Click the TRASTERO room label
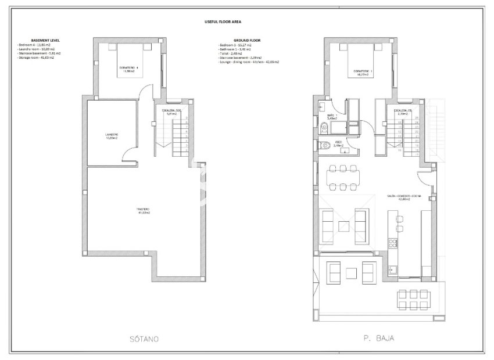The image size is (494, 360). click(x=144, y=210)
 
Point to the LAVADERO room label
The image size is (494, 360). click(x=111, y=136)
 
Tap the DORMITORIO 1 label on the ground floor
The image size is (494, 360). click(x=363, y=73)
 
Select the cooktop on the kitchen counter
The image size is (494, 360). click(x=393, y=243)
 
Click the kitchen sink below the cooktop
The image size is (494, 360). click(x=393, y=269)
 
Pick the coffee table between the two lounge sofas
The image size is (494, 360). click(x=344, y=224)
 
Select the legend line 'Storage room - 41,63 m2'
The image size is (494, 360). click(x=37, y=57)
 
